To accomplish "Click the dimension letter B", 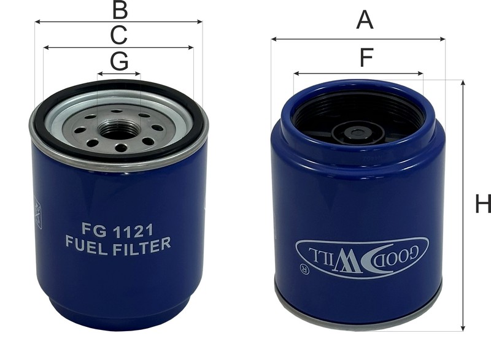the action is pyautogui.click(x=120, y=10).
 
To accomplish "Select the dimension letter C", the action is pyautogui.click(x=119, y=35).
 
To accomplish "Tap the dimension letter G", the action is pyautogui.click(x=120, y=61).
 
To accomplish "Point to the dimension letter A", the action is pyautogui.click(x=365, y=20).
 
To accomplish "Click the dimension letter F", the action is pyautogui.click(x=366, y=57).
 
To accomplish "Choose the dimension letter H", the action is pyautogui.click(x=483, y=204).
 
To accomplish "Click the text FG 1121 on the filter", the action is pyautogui.click(x=117, y=230).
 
